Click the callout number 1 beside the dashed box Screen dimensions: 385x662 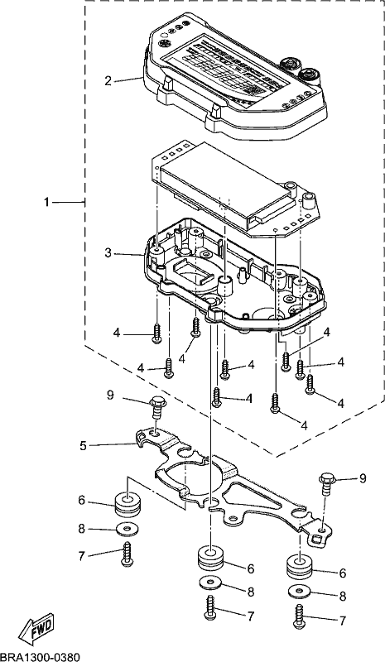pyautogui.click(x=47, y=203)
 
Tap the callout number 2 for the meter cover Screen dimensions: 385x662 pyautogui.click(x=108, y=80)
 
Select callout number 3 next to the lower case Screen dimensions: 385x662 pyautogui.click(x=108, y=254)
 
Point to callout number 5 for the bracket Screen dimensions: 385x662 pyautogui.click(x=83, y=445)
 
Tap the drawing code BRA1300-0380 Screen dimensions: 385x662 pyautogui.click(x=40, y=657)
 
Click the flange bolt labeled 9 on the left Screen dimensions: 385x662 pyautogui.click(x=156, y=407)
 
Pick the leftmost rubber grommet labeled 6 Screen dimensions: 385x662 pyautogui.click(x=128, y=504)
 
